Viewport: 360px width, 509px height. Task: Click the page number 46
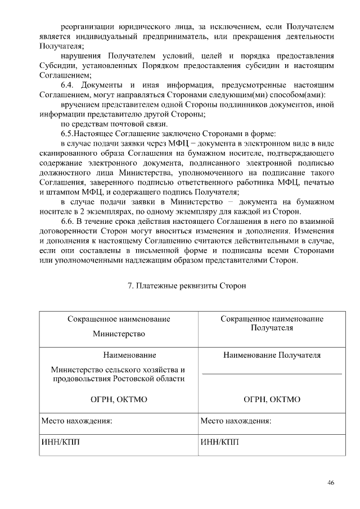331,483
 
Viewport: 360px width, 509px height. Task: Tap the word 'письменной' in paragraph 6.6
177,251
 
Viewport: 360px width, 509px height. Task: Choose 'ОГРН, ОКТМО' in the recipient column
272,399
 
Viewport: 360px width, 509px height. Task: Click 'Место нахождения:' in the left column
77,421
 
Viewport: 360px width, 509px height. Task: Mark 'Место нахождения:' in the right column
236,421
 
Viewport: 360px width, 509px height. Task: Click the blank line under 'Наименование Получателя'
272,373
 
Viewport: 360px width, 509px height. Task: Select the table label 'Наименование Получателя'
272,355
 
